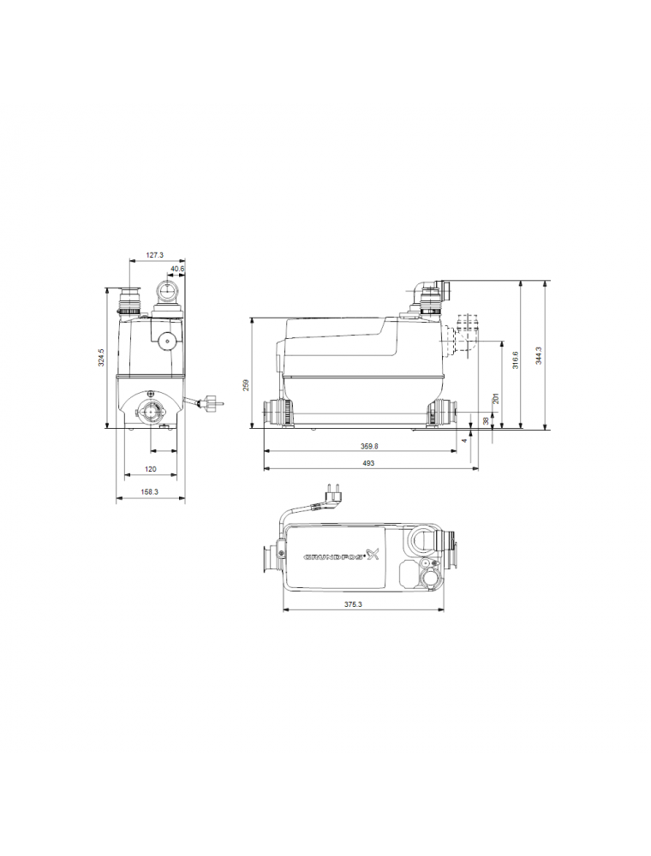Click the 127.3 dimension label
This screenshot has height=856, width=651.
point(154,255)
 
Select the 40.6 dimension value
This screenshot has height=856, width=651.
point(177,269)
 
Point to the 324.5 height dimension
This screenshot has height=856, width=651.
point(101,358)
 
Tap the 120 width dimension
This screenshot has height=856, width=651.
point(151,469)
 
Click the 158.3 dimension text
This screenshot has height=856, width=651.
point(150,492)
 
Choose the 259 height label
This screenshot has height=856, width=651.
point(246,385)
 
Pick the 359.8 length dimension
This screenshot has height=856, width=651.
point(369,446)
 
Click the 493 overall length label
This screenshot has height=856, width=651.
point(368,463)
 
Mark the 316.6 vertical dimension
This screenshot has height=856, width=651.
point(515,360)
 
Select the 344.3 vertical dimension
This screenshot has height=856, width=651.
point(539,355)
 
